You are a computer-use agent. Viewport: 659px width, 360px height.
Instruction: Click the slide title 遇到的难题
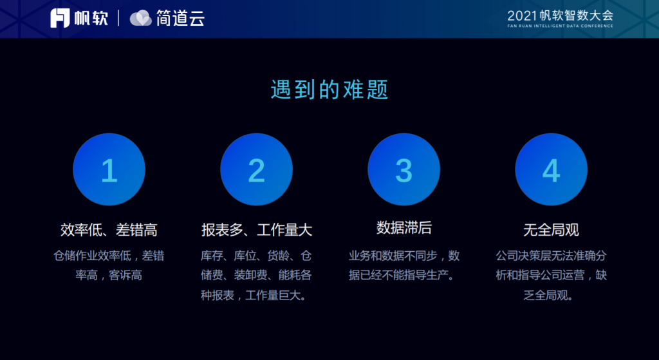[329, 89]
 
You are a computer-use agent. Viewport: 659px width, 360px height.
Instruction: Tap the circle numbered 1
[109, 169]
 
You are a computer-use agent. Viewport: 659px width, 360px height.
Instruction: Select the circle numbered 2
[256, 169]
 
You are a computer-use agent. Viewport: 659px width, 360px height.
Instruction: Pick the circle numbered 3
[404, 169]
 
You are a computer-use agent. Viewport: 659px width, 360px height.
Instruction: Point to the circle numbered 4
[552, 169]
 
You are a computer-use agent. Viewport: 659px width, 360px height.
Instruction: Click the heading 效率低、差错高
[109, 230]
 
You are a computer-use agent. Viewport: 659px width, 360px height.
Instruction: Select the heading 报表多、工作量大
[256, 230]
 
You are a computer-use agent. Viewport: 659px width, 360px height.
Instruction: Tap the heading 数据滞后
[404, 228]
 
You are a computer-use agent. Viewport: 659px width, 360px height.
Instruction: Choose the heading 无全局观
[552, 230]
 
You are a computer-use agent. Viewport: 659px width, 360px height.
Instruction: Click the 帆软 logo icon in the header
[60, 18]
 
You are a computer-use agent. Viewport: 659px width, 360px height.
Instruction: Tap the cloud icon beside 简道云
[141, 18]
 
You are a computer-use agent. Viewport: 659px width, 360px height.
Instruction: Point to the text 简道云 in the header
[180, 18]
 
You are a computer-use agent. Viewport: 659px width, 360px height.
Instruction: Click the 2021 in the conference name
[522, 16]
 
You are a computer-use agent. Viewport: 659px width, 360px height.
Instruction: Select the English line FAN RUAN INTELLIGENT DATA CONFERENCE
[561, 26]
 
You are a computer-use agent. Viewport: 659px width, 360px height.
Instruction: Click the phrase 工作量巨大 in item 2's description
[273, 295]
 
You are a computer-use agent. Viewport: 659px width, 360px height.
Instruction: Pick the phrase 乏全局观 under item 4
[546, 295]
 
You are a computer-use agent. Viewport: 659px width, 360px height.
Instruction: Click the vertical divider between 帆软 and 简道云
[118, 18]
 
